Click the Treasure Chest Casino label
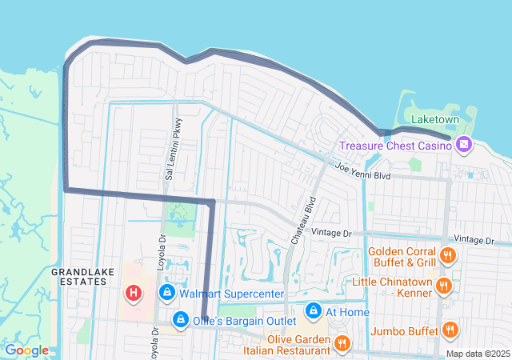[x=394, y=146]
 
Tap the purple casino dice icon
[x=463, y=145]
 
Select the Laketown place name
[x=436, y=119]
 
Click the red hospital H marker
[x=133, y=294]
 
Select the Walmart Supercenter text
[x=231, y=294]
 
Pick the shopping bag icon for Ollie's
[x=181, y=320]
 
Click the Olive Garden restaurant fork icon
[x=342, y=343]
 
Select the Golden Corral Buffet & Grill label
[x=402, y=256]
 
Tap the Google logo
[x=26, y=350]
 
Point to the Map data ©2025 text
[x=478, y=354]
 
